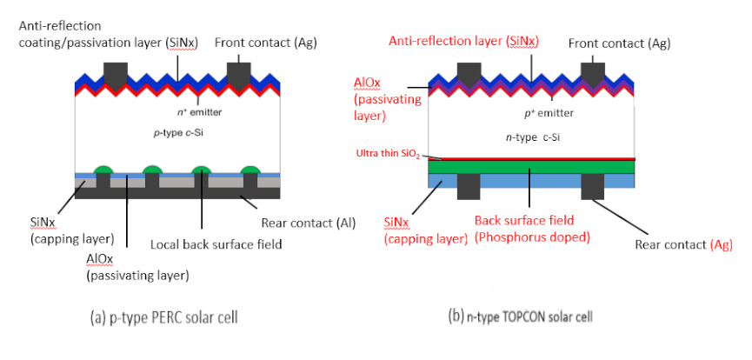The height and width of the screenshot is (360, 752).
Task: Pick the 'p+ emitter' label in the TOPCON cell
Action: click(x=529, y=112)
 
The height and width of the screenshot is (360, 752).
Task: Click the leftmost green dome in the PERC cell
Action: click(x=104, y=169)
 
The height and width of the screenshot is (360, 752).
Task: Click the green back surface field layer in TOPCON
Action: click(x=530, y=166)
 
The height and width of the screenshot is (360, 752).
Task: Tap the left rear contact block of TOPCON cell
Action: click(x=469, y=184)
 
